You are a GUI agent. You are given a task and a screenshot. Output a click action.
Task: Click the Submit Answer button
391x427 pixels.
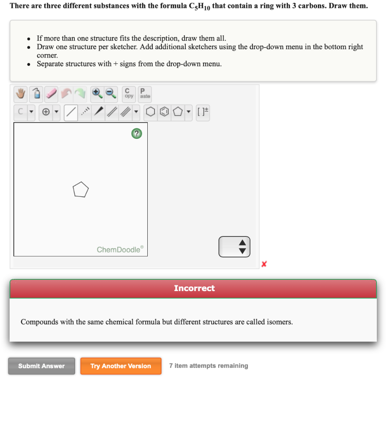pos(41,366)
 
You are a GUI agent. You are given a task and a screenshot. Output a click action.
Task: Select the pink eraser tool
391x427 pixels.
pos(52,95)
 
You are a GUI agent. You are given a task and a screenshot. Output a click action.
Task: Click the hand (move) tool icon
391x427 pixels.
pos(20,95)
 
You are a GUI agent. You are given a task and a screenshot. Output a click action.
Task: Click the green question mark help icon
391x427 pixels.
pos(136,134)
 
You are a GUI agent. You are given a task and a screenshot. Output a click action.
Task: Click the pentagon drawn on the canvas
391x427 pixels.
pos(81,190)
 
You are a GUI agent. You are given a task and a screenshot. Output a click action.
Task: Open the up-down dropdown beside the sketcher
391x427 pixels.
pos(235,247)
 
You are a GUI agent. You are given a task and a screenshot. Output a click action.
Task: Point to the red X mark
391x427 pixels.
pos(264,264)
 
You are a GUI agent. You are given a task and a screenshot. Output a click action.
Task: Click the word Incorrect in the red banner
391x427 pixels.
pos(194,289)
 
